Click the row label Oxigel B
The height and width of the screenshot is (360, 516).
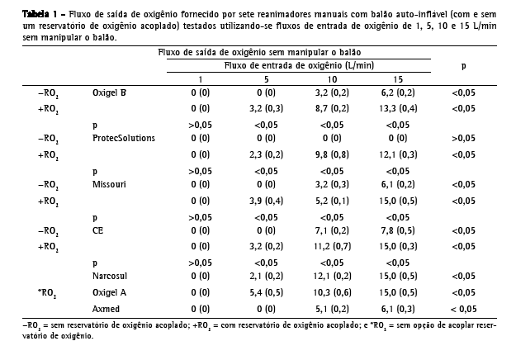point(109,92)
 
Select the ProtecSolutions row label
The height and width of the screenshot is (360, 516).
point(124,138)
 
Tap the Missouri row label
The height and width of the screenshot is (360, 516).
point(109,185)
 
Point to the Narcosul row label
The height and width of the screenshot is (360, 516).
point(111,277)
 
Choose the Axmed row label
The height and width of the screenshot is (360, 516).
point(106,308)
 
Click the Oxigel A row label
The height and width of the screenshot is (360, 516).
point(110,292)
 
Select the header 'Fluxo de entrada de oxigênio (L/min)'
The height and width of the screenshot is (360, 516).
point(298,64)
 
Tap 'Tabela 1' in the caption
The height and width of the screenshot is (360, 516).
point(22,14)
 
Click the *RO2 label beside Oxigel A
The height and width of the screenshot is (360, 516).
point(47,293)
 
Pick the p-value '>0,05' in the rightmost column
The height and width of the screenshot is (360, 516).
point(462,138)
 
